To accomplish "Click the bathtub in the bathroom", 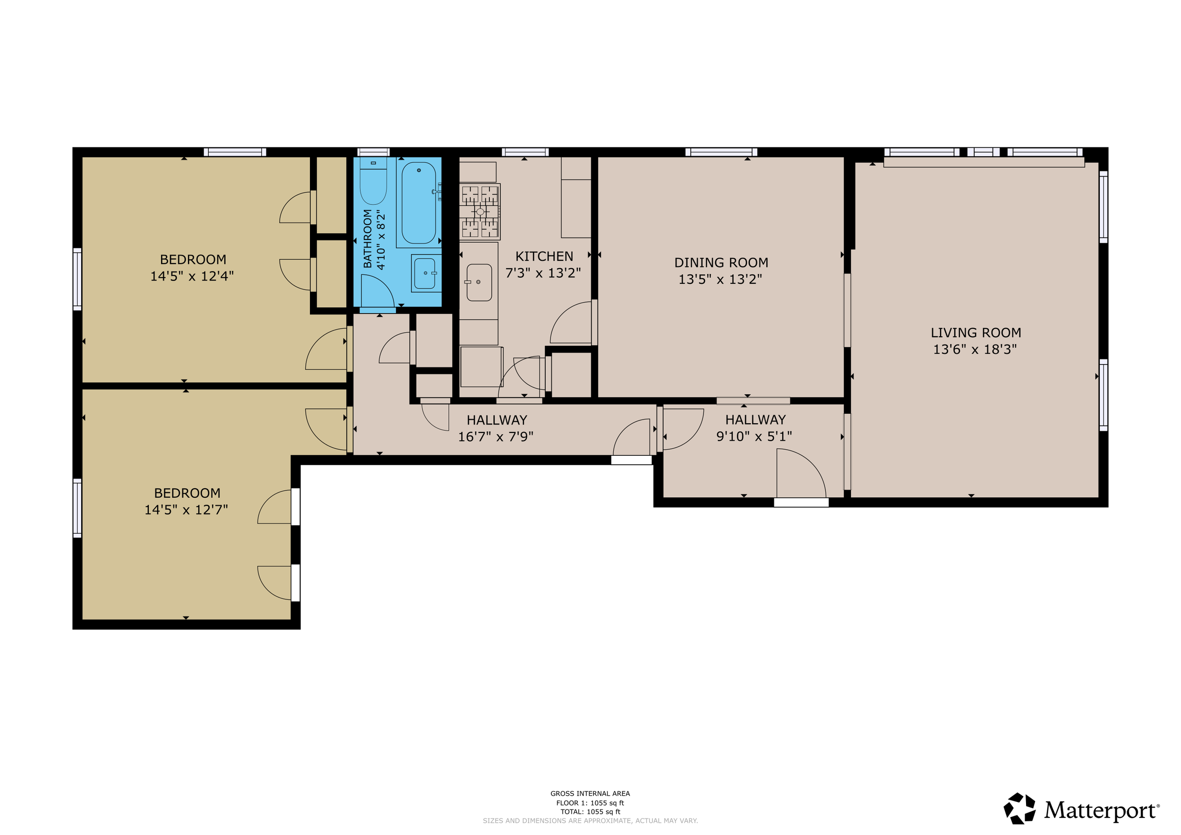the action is (419, 203).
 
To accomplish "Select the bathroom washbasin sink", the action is (425, 273).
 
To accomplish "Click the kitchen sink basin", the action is (479, 282).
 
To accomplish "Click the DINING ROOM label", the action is (721, 263).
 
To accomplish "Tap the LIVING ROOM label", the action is (976, 333).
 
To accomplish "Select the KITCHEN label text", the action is (544, 256).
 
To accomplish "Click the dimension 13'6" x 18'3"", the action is (975, 349).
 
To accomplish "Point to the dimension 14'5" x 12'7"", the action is (186, 510).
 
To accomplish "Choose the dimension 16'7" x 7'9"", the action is (496, 436).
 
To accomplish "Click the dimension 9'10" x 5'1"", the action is (754, 436).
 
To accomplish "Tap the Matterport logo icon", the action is (1019, 809).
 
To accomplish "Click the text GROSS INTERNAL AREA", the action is (590, 793).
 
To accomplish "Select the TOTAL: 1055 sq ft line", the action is (590, 812).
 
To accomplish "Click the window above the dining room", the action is (721, 152).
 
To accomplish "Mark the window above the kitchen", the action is (525, 152).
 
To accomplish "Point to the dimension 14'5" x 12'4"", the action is (192, 276).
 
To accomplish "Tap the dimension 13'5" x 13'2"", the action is (720, 279).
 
